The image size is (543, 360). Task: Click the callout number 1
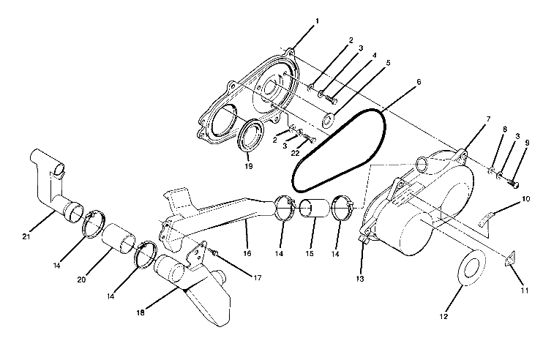(x=316, y=23)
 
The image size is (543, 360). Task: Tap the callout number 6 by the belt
(x=418, y=83)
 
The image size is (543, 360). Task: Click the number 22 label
(x=296, y=152)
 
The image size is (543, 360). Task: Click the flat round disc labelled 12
(x=471, y=267)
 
